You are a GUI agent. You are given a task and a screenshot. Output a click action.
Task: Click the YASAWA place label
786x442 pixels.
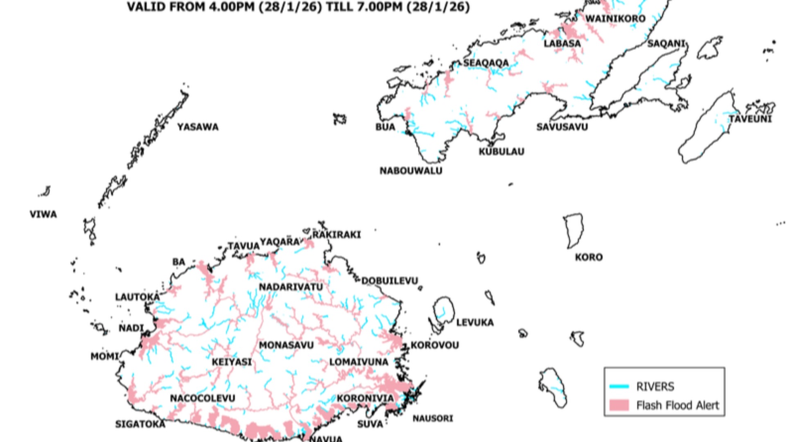point(198,127)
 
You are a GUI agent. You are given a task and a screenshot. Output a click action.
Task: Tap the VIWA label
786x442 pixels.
point(43,214)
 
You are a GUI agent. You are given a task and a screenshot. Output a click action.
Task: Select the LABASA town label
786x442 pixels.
point(562,43)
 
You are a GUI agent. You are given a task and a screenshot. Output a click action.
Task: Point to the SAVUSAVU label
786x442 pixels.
point(562,127)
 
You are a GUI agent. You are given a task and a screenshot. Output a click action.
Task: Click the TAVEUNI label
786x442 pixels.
point(750,119)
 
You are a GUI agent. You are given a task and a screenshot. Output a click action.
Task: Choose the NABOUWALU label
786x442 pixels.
point(411,171)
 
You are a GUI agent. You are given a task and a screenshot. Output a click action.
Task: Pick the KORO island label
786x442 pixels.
point(589,257)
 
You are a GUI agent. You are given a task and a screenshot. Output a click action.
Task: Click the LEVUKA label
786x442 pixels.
point(475,323)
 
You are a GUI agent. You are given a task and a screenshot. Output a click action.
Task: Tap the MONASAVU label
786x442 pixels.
point(286,345)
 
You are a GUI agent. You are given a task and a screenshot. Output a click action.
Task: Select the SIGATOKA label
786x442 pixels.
point(140,424)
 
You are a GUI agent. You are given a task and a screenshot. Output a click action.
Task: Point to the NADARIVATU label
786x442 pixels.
point(291,287)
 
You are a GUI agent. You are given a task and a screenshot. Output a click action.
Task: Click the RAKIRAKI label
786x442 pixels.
point(337,235)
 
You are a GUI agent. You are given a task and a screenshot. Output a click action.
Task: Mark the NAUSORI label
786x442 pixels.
point(433,418)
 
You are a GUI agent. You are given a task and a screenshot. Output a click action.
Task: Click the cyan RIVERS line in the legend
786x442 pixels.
point(619,386)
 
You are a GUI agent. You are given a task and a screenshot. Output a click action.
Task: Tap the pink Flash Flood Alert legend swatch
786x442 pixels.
point(619,405)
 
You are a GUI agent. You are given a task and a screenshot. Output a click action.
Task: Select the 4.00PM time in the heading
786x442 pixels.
point(231,7)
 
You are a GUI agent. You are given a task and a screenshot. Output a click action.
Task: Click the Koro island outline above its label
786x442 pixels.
point(574,230)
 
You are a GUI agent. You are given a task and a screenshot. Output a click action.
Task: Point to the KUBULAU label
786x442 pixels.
point(501,152)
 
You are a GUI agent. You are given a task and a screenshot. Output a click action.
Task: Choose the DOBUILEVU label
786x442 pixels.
point(390,281)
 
